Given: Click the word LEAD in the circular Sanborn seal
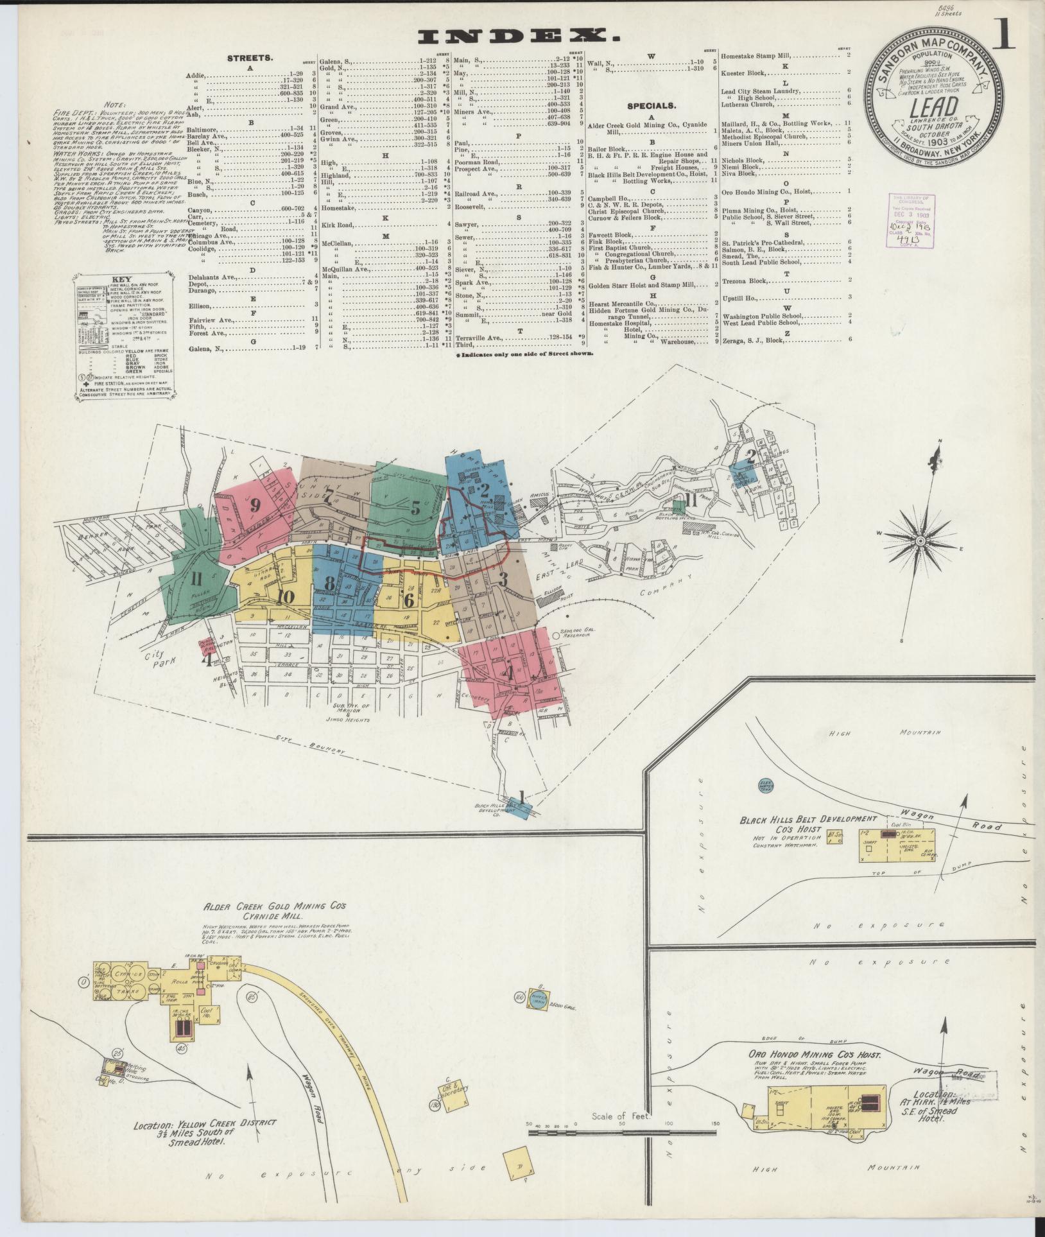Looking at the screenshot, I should (x=926, y=106).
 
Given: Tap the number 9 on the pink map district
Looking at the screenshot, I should (x=255, y=505).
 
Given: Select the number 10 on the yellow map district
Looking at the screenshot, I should (x=286, y=597).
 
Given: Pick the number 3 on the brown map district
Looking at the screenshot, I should (x=503, y=575).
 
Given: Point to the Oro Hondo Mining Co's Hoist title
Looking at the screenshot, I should (x=814, y=1055).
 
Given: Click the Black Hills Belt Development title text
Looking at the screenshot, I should (x=807, y=820).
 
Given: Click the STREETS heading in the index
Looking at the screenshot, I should (x=250, y=58).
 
